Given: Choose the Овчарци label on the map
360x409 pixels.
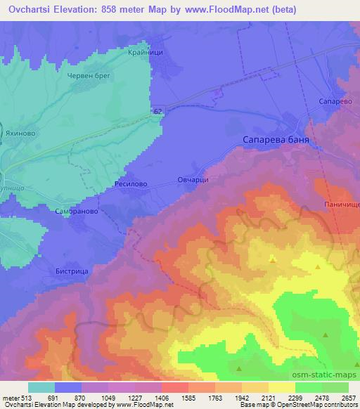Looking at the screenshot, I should click(x=192, y=181).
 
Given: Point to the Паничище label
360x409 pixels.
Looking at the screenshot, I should click(x=342, y=204).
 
